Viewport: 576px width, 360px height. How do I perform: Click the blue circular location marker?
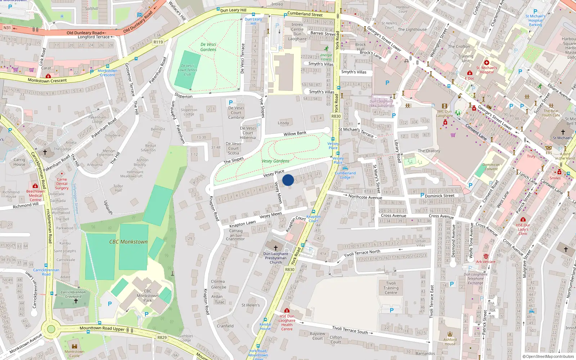288,180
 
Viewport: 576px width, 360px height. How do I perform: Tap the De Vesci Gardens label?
208,47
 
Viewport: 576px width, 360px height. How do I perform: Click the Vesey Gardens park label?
275,161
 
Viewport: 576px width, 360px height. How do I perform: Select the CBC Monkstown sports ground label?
129,242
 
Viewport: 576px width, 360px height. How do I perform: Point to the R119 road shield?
158,42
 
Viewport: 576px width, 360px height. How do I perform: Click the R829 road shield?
162,337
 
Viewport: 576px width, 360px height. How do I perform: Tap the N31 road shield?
7,28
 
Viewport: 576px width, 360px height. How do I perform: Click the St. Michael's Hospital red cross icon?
487,63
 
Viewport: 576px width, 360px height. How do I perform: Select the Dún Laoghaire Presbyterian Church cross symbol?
276,248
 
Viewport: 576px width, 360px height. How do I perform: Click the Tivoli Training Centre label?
391,288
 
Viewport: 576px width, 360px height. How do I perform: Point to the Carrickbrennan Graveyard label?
73,294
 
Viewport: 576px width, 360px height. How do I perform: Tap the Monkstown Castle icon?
75,346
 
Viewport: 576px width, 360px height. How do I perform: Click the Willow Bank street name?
295,134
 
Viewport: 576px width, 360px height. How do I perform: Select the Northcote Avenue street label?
365,197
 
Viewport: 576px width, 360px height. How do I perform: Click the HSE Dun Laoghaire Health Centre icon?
287,311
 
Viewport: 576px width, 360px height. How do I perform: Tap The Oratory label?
429,151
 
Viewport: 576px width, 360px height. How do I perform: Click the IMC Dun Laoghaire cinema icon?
444,106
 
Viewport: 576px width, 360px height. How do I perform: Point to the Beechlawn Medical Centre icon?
35,186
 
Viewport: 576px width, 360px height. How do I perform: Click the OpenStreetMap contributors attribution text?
548,356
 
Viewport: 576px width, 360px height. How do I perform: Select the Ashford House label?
450,342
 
